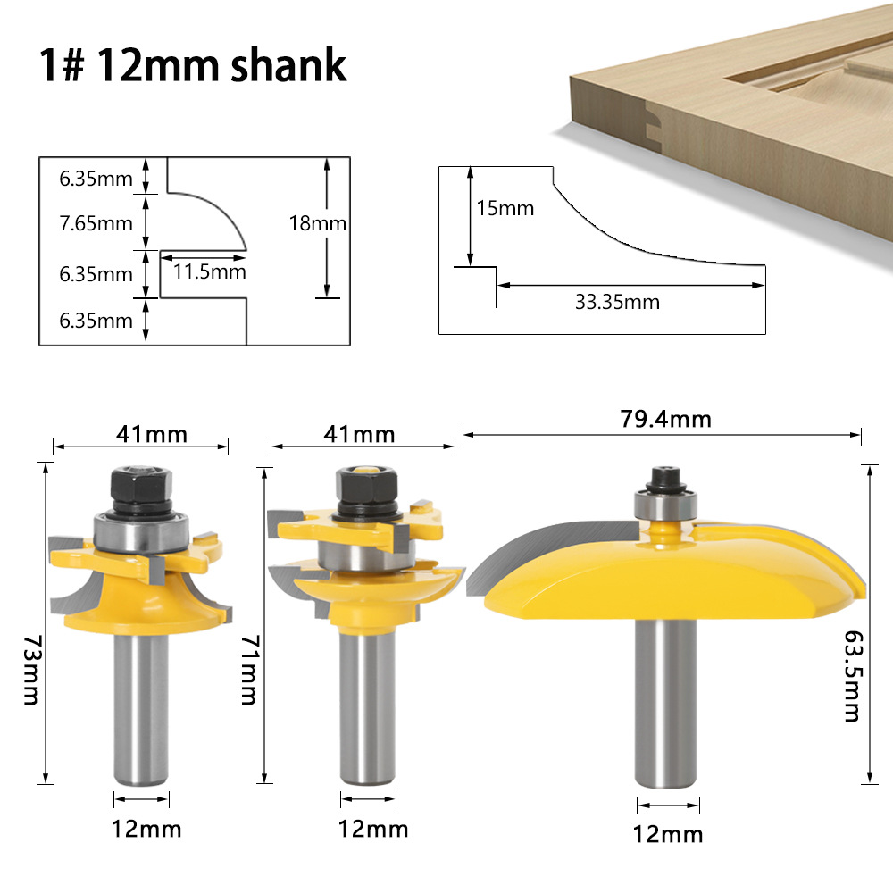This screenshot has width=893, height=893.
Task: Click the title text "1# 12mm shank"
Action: point(193,66)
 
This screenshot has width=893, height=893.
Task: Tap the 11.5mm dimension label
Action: point(209,271)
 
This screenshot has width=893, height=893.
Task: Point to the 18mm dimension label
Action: point(317,223)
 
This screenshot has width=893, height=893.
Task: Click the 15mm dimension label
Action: point(505,209)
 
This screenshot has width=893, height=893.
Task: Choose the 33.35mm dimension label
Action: point(617,302)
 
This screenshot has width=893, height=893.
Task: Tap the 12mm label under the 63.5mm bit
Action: point(667,834)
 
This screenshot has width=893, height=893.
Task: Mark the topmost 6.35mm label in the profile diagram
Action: point(96,179)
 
